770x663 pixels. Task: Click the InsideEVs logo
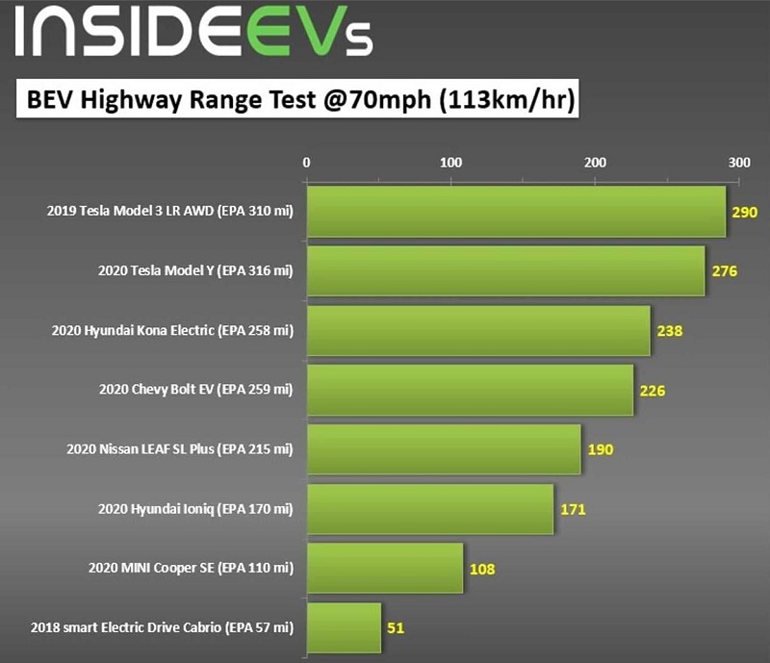tap(192, 33)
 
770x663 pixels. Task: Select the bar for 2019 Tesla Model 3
tap(516, 212)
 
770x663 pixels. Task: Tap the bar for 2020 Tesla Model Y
tap(505, 271)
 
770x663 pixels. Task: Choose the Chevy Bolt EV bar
tap(470, 390)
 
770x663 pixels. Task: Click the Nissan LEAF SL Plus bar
tap(444, 449)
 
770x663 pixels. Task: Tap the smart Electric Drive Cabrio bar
tap(344, 628)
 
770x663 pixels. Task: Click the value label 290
tap(744, 212)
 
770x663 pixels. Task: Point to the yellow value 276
tap(724, 271)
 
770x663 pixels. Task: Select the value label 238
tap(669, 331)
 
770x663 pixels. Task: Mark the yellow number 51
tap(396, 629)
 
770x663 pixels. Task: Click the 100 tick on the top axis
tap(450, 163)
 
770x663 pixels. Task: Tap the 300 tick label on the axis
tap(738, 163)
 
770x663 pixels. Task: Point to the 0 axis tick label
tap(306, 163)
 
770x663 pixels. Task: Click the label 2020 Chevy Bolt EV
tap(195, 390)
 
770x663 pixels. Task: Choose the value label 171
tap(573, 509)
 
